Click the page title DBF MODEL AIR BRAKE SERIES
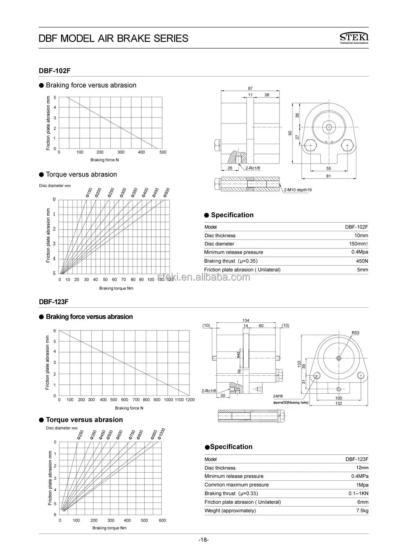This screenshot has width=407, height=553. (113, 38)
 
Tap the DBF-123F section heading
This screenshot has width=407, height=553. (53, 302)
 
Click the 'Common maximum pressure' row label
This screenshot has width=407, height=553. (236, 485)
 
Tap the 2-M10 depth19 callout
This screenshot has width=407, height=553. (298, 190)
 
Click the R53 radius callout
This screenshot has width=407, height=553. (355, 333)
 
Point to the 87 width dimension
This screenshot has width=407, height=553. (250, 88)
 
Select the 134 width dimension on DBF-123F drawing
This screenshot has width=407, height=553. (245, 320)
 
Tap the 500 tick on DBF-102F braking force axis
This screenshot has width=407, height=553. (163, 152)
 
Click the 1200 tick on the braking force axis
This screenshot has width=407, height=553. (190, 400)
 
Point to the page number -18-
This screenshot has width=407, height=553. (204, 540)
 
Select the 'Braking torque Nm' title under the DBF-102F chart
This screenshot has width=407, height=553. (116, 288)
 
